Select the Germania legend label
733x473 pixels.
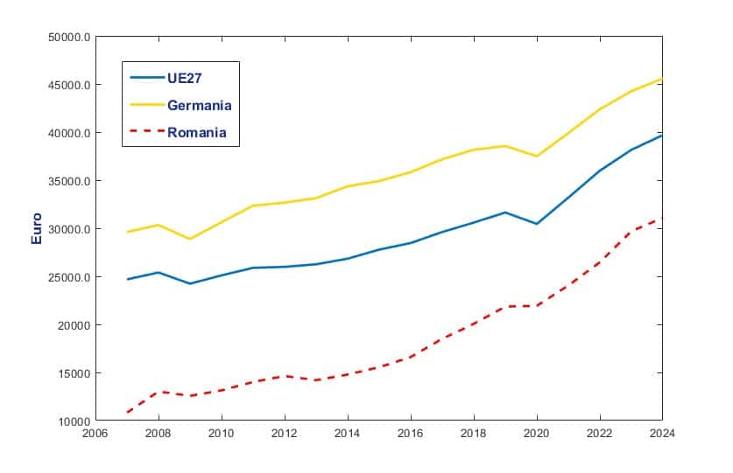pos(199,105)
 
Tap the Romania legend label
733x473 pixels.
pos(197,133)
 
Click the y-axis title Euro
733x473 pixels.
pos(37,228)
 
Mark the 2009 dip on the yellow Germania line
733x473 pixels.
pos(190,239)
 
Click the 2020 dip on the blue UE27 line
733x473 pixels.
pos(537,224)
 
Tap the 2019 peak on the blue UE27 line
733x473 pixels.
pos(505,212)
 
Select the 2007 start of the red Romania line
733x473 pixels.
pos(127,412)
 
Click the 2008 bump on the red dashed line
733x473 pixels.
pos(159,392)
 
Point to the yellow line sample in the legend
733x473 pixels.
pos(147,105)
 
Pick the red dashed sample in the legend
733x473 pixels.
pos(147,133)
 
